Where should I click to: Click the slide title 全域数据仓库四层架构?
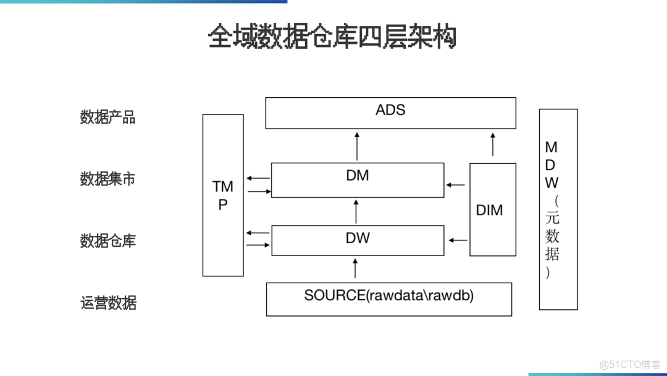pyautogui.click(x=332, y=37)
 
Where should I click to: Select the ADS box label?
pyautogui.click(x=390, y=110)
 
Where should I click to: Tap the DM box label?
pyautogui.click(x=358, y=176)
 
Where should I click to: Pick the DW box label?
pyautogui.click(x=358, y=237)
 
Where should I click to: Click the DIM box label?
pyautogui.click(x=490, y=210)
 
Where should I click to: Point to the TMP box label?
pyautogui.click(x=223, y=195)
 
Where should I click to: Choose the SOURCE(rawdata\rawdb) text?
pyautogui.click(x=388, y=296)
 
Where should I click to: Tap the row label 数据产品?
pyautogui.click(x=107, y=117)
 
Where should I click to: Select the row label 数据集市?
pyautogui.click(x=107, y=179)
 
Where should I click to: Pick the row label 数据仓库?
pyautogui.click(x=107, y=241)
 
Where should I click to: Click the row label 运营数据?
pyautogui.click(x=107, y=303)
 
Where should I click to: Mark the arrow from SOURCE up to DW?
pyautogui.click(x=355, y=268)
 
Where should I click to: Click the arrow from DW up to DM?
pyautogui.click(x=356, y=211)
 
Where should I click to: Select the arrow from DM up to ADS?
pyautogui.click(x=356, y=145)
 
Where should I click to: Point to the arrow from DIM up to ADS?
pyautogui.click(x=492, y=144)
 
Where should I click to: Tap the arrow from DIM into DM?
pyautogui.click(x=456, y=184)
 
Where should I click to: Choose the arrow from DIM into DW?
pyautogui.click(x=456, y=239)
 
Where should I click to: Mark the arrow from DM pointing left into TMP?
pyautogui.click(x=258, y=178)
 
